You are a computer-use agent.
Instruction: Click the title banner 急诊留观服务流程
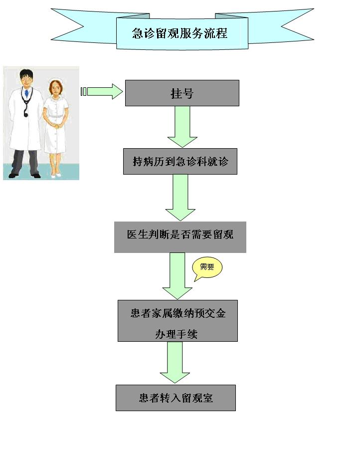[181, 33]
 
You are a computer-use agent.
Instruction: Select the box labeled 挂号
[182, 93]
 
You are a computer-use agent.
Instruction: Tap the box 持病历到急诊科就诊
[180, 161]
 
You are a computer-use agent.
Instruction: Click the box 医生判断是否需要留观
[180, 234]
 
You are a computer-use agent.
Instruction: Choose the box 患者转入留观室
[176, 398]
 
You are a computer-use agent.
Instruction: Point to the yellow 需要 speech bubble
[207, 267]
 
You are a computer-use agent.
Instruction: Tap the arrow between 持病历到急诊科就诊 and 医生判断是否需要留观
[180, 197]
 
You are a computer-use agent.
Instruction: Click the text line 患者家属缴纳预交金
[178, 313]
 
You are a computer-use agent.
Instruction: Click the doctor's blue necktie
[26, 93]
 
